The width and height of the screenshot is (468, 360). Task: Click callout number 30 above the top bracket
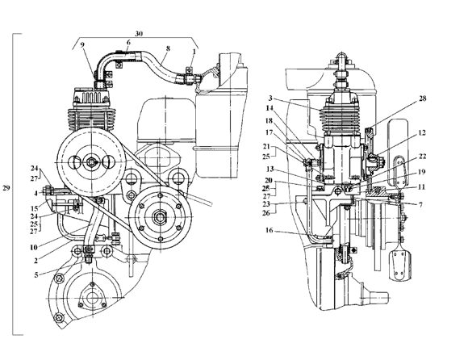(x=139, y=33)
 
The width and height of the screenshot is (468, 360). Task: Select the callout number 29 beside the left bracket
(x=6, y=188)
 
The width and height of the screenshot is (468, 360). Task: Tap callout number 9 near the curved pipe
(x=82, y=44)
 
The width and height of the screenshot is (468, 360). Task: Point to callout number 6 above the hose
(x=128, y=43)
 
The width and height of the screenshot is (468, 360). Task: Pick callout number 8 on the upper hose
(x=168, y=48)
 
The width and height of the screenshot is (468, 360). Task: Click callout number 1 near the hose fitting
(x=194, y=52)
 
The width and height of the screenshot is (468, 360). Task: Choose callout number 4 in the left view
(x=36, y=194)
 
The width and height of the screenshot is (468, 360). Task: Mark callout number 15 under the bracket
(x=35, y=208)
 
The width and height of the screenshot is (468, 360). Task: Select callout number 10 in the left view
(x=34, y=247)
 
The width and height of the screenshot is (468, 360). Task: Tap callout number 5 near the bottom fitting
(x=36, y=275)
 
